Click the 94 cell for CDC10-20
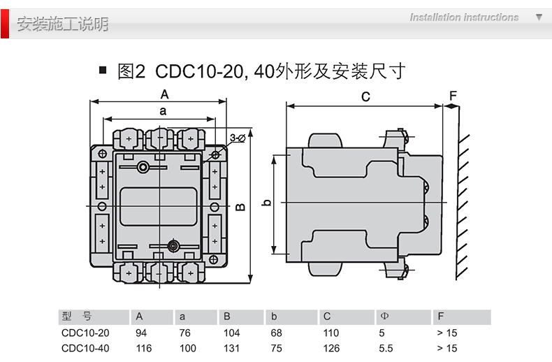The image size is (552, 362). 141,333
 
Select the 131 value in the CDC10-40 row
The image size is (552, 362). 231,348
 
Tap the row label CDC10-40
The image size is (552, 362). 85,348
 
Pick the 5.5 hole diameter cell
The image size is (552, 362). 387,348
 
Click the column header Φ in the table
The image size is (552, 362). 384,318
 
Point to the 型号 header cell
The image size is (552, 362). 77,318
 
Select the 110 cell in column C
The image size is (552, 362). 331,333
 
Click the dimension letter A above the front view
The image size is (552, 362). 165,94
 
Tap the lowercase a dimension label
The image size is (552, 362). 163,110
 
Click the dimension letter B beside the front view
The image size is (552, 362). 240,208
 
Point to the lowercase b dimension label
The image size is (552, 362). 266,203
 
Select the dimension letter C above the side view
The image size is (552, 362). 365,97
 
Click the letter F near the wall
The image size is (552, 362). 452,96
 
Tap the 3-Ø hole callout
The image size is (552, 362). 237,137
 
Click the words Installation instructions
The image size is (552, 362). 464,17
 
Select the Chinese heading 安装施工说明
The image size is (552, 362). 63,24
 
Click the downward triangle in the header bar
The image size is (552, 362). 539,17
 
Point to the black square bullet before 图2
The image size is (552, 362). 103,71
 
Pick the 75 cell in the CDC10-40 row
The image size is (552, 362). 276,348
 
